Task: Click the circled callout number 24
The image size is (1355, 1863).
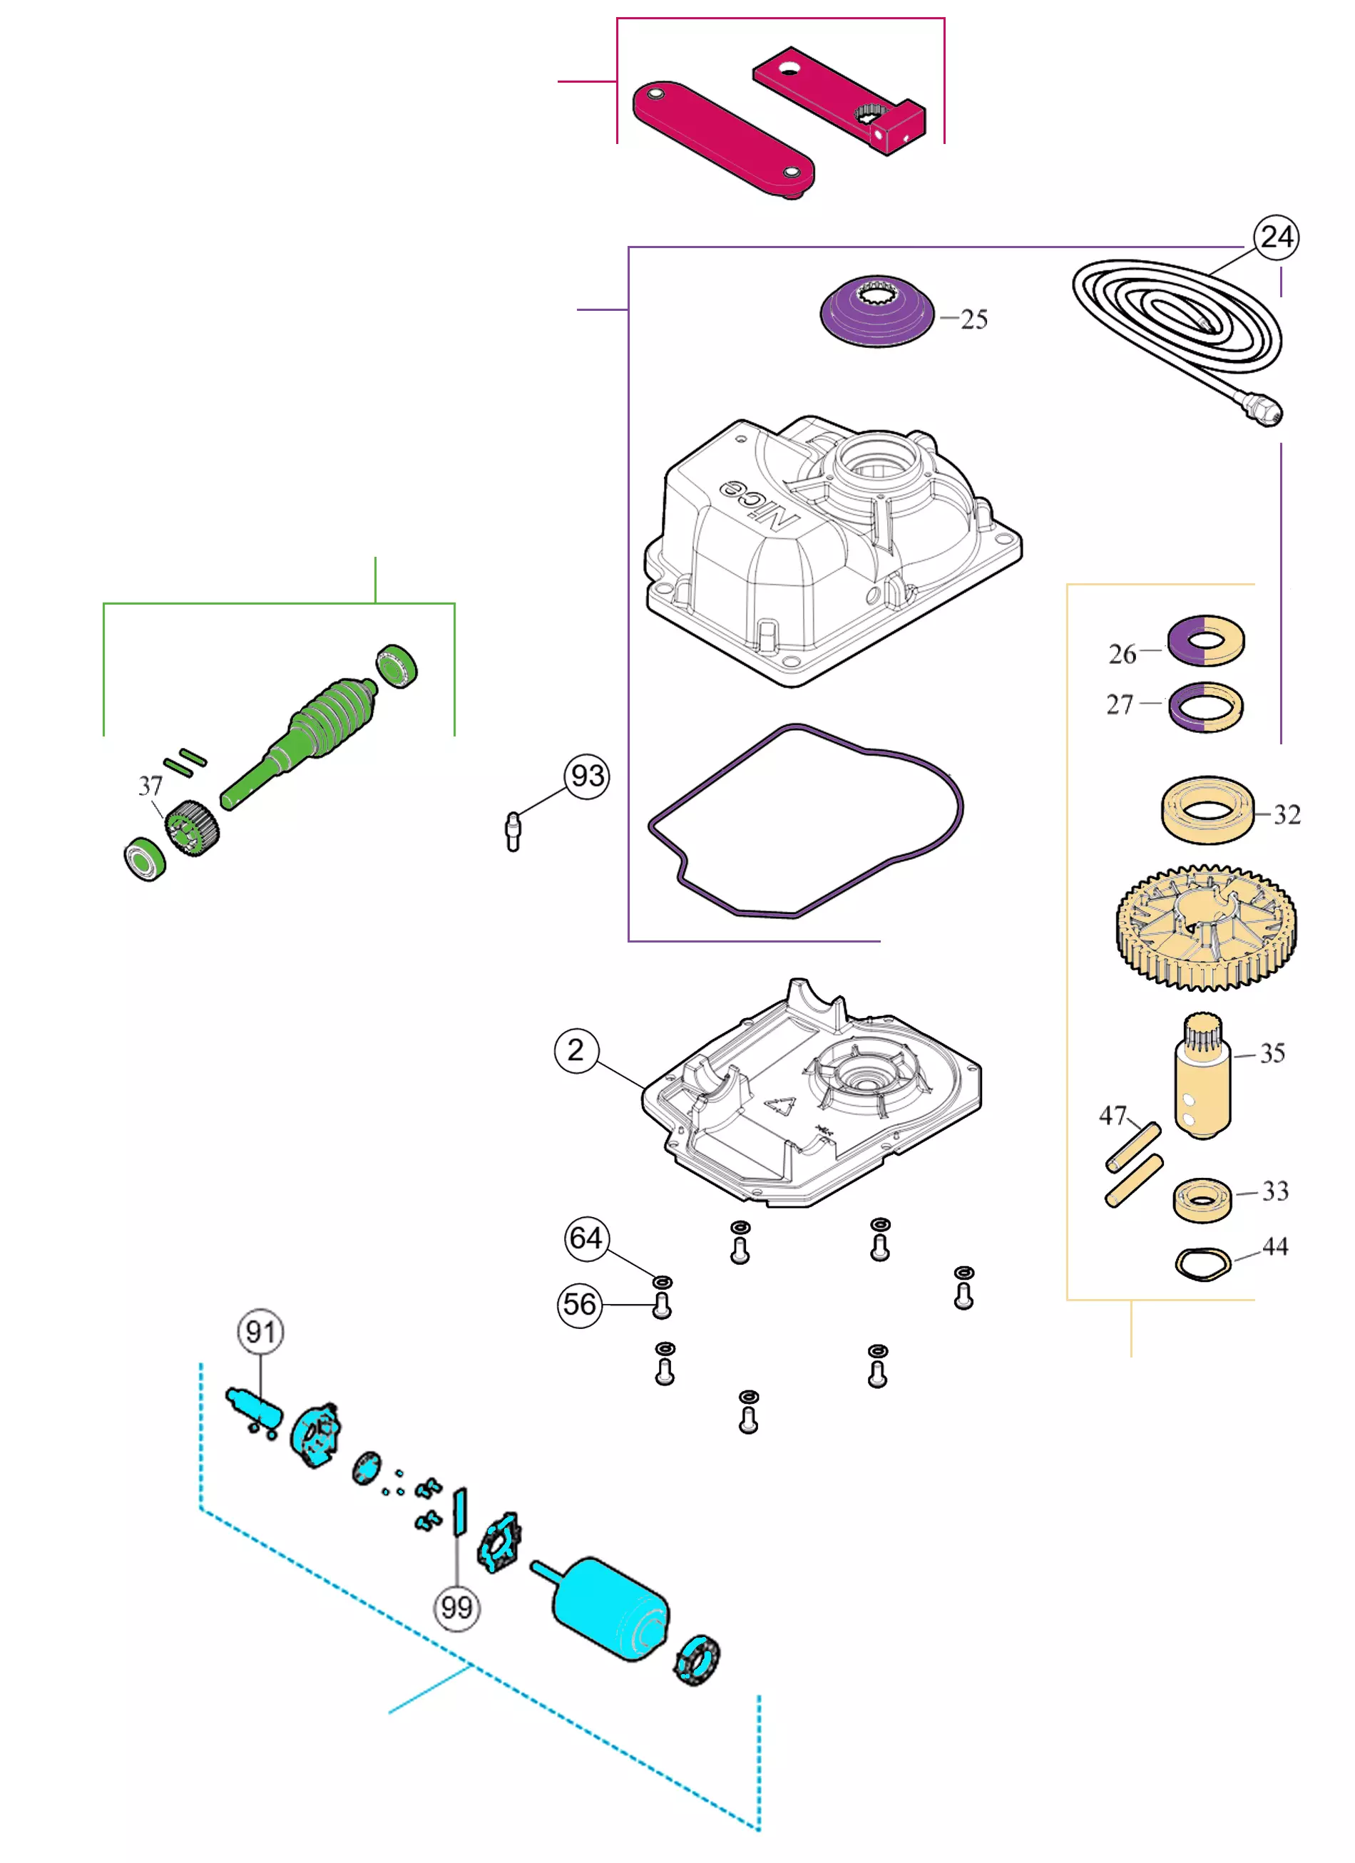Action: [1275, 237]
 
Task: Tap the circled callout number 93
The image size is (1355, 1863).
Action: [587, 776]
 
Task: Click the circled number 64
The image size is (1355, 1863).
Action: [587, 1237]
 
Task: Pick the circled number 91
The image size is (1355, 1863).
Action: [260, 1332]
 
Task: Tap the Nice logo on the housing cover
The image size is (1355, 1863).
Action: [760, 503]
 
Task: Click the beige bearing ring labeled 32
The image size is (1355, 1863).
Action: [1206, 810]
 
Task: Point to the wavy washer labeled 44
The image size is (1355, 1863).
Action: [1202, 1263]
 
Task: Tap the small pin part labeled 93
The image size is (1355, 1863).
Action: [513, 832]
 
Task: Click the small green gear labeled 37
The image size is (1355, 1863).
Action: [193, 828]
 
